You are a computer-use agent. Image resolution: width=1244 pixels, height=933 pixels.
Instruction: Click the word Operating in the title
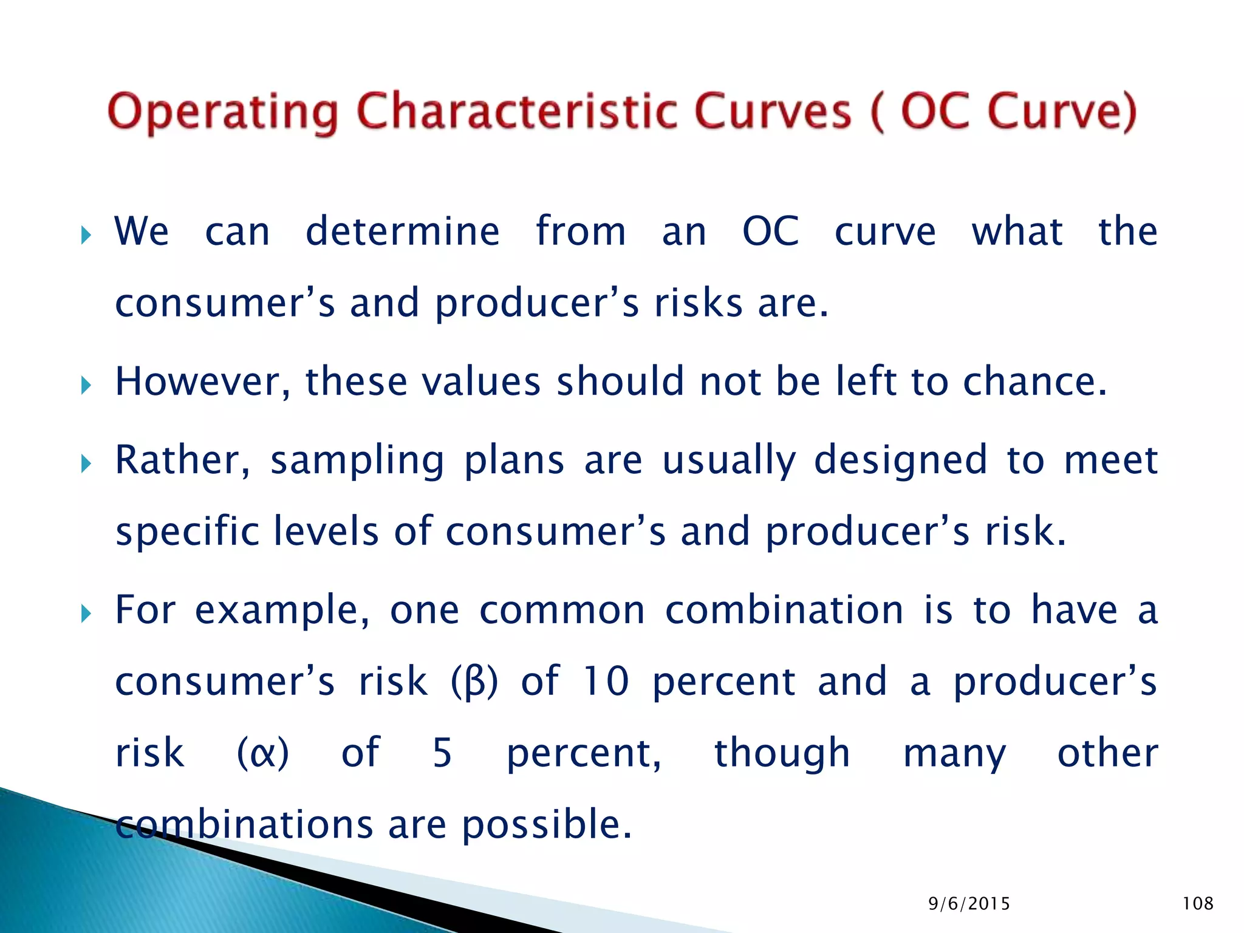coord(222,112)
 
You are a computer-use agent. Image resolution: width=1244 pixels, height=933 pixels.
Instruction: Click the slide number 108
coord(1198,903)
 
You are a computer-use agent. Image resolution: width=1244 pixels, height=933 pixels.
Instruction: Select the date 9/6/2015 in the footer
coord(969,904)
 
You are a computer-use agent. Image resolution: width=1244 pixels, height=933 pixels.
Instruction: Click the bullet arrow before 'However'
coord(86,385)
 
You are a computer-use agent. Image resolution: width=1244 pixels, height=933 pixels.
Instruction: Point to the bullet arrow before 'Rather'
coord(86,464)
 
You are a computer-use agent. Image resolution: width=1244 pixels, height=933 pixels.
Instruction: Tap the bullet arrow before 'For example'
coord(86,614)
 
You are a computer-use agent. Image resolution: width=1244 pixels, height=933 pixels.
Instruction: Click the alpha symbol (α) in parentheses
coord(262,754)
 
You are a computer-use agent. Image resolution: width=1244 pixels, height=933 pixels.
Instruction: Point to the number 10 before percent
coord(606,682)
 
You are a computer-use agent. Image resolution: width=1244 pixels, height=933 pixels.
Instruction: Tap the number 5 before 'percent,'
coord(442,753)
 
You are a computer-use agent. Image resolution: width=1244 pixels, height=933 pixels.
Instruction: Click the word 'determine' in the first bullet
coord(402,232)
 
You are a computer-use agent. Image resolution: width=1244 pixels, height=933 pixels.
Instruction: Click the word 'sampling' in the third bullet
coord(357,461)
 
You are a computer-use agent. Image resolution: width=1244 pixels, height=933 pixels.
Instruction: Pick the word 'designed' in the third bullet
coord(900,461)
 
